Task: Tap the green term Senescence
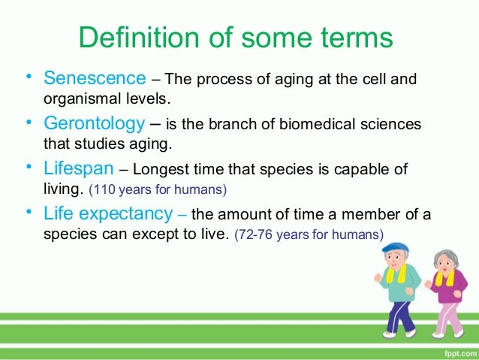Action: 95,78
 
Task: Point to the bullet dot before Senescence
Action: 28,77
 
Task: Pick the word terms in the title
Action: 362,38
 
